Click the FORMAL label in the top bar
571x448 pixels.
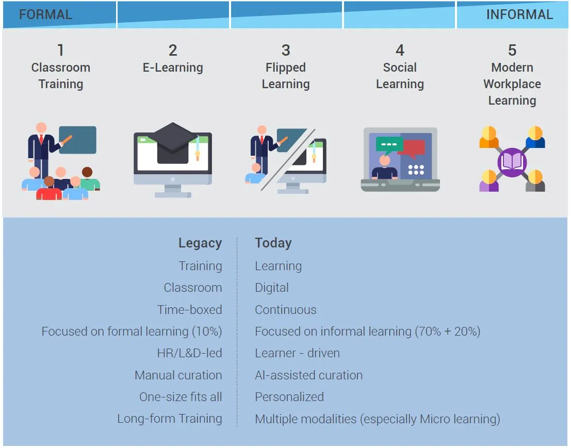click(45, 14)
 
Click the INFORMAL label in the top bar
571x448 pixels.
click(519, 14)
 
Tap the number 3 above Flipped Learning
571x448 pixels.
click(286, 50)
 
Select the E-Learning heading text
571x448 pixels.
click(173, 68)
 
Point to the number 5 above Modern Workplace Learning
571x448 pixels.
click(512, 50)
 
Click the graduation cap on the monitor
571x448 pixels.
click(173, 143)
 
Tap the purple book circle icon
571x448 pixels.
click(512, 162)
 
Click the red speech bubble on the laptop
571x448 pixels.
click(414, 148)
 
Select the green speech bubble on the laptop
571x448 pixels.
click(389, 145)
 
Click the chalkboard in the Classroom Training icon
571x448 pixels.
click(77, 140)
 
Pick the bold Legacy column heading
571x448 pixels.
click(200, 243)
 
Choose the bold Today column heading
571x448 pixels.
click(273, 243)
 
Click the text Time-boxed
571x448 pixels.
click(189, 310)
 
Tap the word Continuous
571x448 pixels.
click(286, 310)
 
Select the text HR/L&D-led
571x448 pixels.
click(189, 353)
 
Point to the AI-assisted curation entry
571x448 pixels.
click(308, 375)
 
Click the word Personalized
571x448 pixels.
click(289, 396)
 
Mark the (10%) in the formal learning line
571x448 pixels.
click(207, 331)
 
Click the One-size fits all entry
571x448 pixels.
click(181, 396)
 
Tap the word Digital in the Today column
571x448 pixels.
click(272, 288)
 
